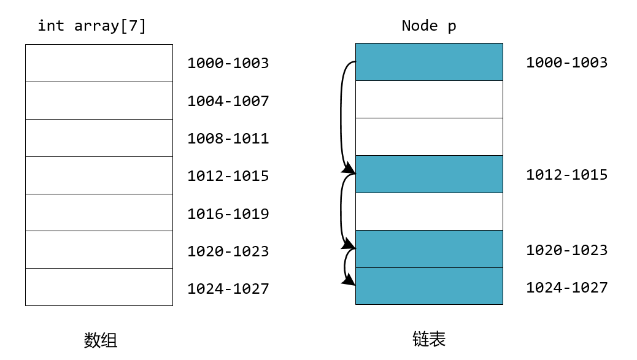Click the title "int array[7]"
92,26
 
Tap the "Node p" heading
429,26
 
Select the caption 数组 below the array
100,340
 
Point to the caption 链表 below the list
429,339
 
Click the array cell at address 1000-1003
99,63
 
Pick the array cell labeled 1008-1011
99,138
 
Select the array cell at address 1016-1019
99,213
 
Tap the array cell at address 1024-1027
99,287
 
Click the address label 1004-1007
228,101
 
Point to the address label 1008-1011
228,139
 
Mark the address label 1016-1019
228,214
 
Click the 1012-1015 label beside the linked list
566,175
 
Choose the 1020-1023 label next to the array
228,251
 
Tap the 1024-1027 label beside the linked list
566,288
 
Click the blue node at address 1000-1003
429,62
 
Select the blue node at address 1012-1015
429,174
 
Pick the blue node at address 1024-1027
429,286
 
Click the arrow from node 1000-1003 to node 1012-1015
341,117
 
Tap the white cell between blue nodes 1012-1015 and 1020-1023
429,212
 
